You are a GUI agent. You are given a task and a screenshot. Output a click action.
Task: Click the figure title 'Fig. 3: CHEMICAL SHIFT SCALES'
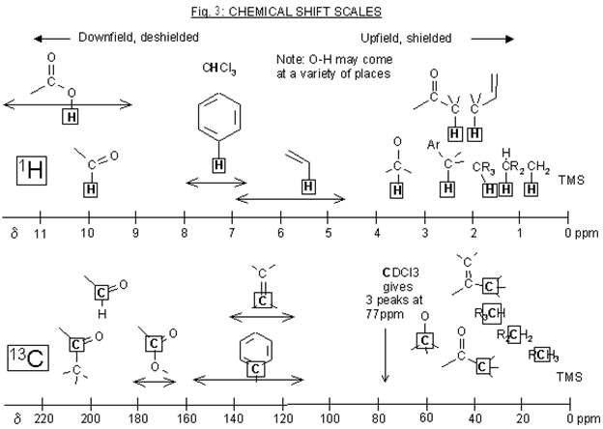(301, 11)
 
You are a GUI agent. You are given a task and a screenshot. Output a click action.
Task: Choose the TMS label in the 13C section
(571, 368)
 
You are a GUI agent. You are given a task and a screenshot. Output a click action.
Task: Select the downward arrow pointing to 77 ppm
(386, 353)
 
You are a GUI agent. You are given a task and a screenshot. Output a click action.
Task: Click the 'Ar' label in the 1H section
(433, 145)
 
